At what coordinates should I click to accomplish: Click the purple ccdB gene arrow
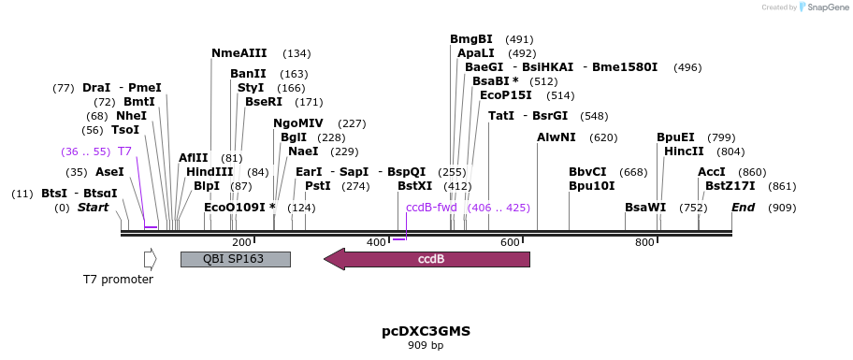[426, 259]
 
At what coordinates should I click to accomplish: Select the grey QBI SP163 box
[236, 259]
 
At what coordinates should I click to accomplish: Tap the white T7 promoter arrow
[151, 259]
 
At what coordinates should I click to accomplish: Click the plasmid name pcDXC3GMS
[426, 331]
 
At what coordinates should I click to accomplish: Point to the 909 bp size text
[426, 345]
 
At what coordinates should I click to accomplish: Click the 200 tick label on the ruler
[241, 242]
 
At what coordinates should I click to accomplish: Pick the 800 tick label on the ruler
[644, 242]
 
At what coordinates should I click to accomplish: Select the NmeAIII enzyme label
[239, 53]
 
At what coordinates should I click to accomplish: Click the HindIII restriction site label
[210, 172]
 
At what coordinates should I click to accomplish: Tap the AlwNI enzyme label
[556, 137]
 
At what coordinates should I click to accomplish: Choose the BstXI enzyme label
[414, 186]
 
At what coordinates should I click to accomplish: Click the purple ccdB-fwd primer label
[431, 208]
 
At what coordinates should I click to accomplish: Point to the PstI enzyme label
[318, 186]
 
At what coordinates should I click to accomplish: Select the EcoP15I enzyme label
[506, 95]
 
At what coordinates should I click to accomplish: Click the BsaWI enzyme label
[645, 208]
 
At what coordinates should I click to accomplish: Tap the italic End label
[743, 208]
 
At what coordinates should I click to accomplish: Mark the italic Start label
[93, 208]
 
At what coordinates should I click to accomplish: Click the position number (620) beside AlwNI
[604, 137]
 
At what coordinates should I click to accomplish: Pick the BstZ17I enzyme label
[730, 186]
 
